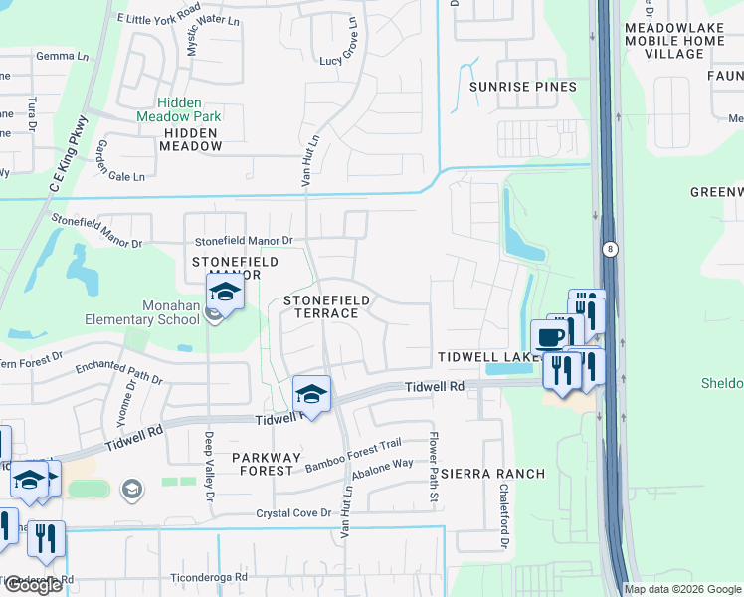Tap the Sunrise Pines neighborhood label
(523, 87)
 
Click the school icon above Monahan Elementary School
(226, 295)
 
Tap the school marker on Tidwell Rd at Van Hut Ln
(311, 395)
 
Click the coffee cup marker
(551, 336)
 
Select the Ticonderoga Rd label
(208, 577)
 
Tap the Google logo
(33, 586)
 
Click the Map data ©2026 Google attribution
(682, 589)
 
